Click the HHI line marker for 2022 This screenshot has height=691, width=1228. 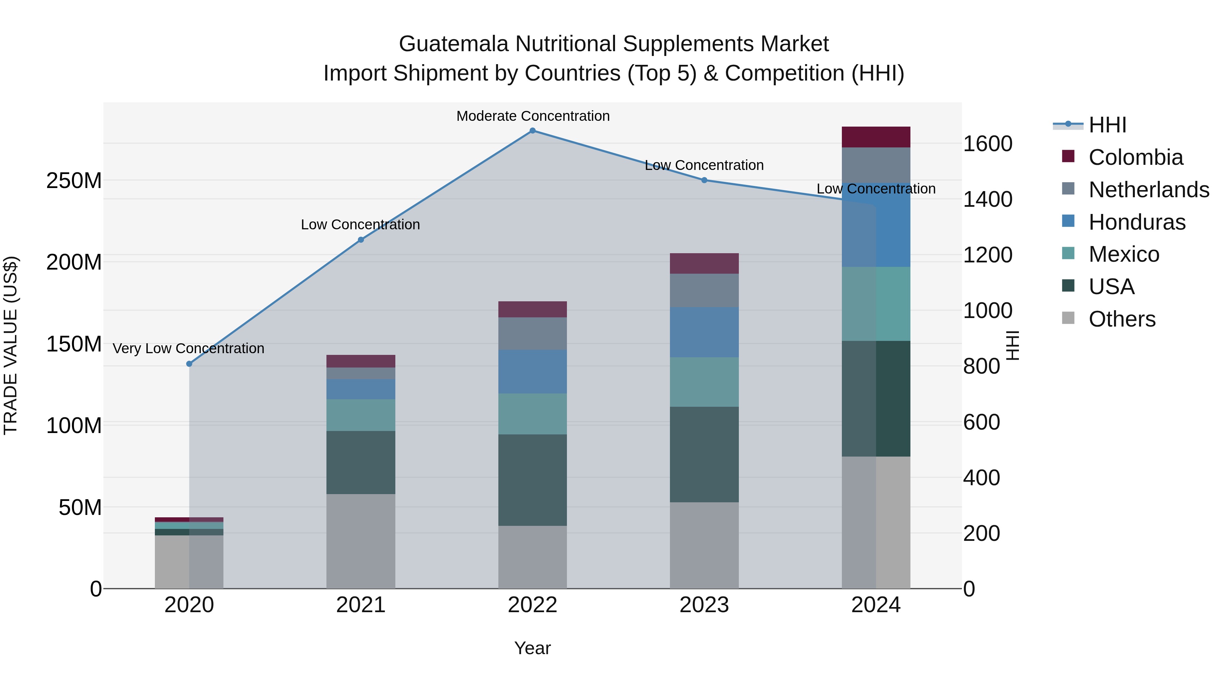pos(532,131)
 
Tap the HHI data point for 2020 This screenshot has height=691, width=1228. pos(189,364)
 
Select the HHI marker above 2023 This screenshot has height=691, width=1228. pos(704,180)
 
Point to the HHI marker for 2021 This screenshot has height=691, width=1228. pos(361,240)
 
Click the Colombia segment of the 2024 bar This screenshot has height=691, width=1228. pos(876,137)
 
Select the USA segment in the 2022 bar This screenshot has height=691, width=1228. pos(532,480)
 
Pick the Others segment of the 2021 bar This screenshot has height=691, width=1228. pos(361,541)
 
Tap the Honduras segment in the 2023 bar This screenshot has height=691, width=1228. pos(704,332)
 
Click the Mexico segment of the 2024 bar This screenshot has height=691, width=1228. pos(876,304)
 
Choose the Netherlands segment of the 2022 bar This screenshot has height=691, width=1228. pos(532,333)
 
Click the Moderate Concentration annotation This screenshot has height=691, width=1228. pos(533,116)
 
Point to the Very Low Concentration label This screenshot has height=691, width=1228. pos(188,349)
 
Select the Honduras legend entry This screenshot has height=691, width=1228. pos(1137,222)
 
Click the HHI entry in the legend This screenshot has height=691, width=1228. pos(1107,125)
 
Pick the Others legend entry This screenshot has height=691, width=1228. pos(1122,319)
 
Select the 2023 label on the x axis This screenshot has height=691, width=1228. pos(704,605)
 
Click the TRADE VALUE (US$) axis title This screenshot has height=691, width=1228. pos(11,345)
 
